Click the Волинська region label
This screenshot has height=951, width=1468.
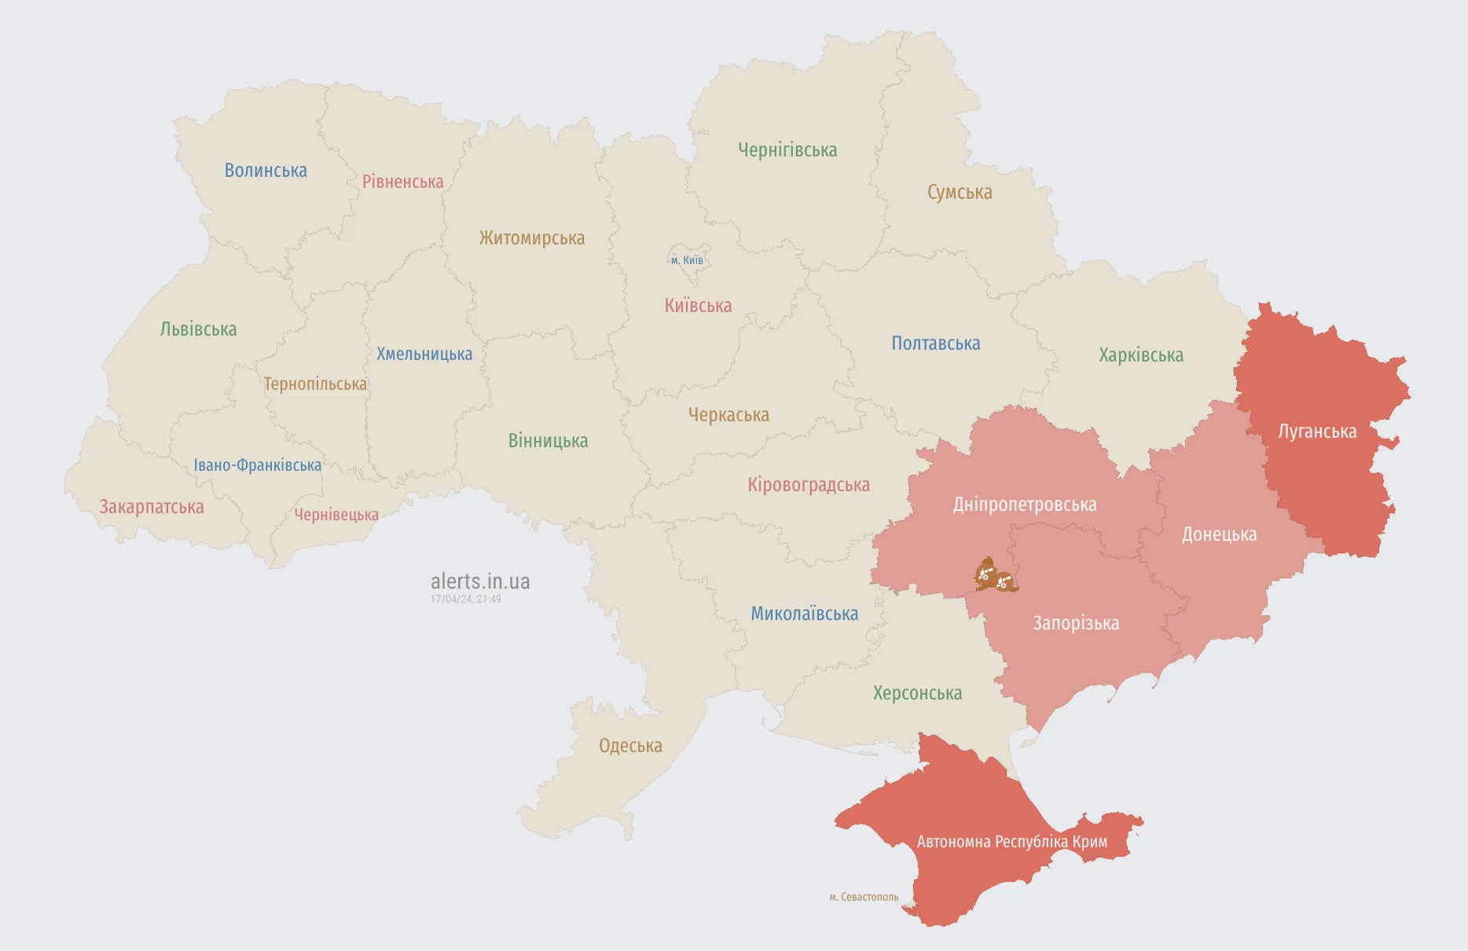click(266, 171)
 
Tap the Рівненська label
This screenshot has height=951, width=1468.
click(402, 182)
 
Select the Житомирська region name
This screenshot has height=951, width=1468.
click(531, 238)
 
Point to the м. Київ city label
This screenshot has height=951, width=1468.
click(687, 260)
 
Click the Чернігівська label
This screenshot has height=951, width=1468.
click(787, 150)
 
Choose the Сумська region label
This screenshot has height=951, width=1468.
click(960, 193)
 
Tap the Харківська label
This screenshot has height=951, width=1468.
click(1140, 355)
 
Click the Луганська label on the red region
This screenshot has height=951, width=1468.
click(1317, 431)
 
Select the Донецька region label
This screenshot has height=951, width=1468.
click(1219, 534)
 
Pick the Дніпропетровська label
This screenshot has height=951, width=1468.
click(1025, 505)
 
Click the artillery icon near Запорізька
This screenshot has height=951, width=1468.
click(995, 576)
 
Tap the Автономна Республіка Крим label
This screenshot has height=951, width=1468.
click(1011, 842)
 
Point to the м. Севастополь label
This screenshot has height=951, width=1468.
click(864, 897)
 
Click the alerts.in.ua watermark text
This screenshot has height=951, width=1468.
click(480, 582)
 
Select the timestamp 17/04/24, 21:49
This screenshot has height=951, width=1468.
click(465, 599)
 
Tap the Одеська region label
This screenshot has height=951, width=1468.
click(630, 746)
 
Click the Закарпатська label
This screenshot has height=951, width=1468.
click(152, 507)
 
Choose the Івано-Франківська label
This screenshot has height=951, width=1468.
click(258, 465)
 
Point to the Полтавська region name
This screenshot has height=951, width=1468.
click(935, 343)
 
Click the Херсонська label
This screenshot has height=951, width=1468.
click(917, 693)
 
